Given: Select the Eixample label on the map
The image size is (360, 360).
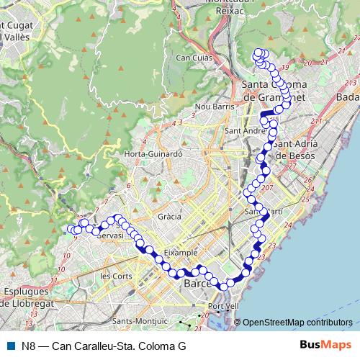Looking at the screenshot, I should tap(181, 253).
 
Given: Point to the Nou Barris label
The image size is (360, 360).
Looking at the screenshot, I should tap(211, 106).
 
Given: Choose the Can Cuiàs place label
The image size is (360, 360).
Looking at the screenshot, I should tap(192, 58).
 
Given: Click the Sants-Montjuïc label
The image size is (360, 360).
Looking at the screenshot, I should tap(140, 321).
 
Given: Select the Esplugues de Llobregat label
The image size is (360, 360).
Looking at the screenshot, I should tap(26, 297).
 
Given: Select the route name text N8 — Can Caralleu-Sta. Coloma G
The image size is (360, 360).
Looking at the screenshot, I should tap(104, 346).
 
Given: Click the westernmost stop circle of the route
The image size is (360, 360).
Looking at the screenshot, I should tap(71, 229).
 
